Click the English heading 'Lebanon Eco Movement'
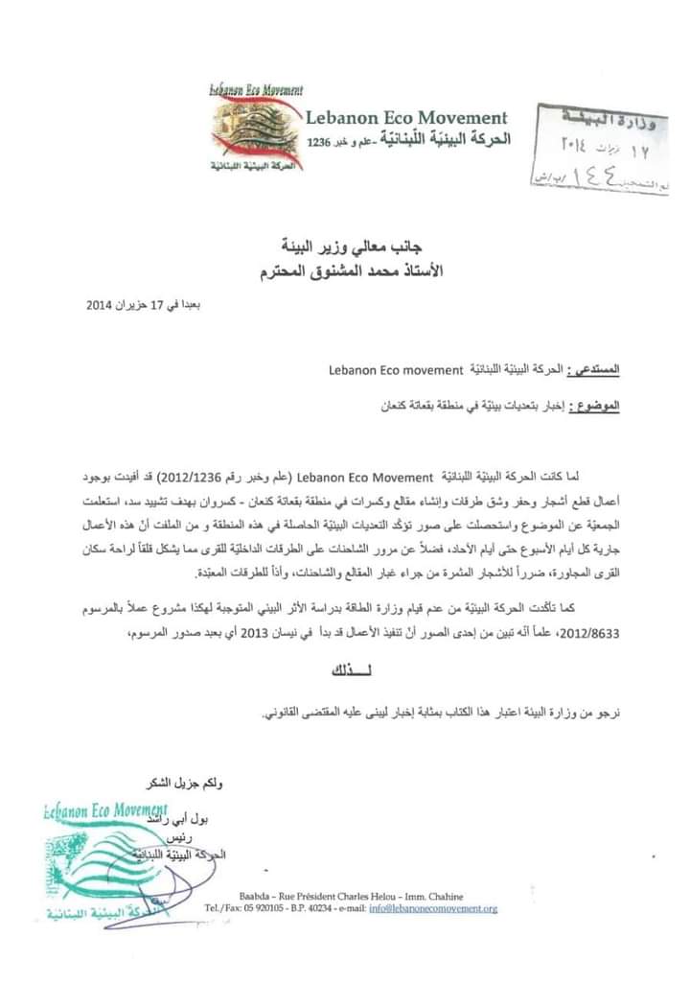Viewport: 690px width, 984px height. tap(406, 117)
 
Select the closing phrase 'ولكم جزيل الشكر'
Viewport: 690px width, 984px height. tap(179, 785)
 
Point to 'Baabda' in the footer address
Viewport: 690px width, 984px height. tap(253, 894)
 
